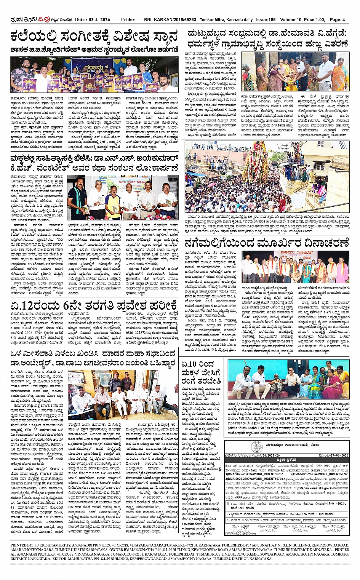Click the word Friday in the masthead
point(128,19)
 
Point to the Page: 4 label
point(337,19)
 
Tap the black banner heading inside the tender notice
point(287,460)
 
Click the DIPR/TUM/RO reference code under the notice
point(240,534)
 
